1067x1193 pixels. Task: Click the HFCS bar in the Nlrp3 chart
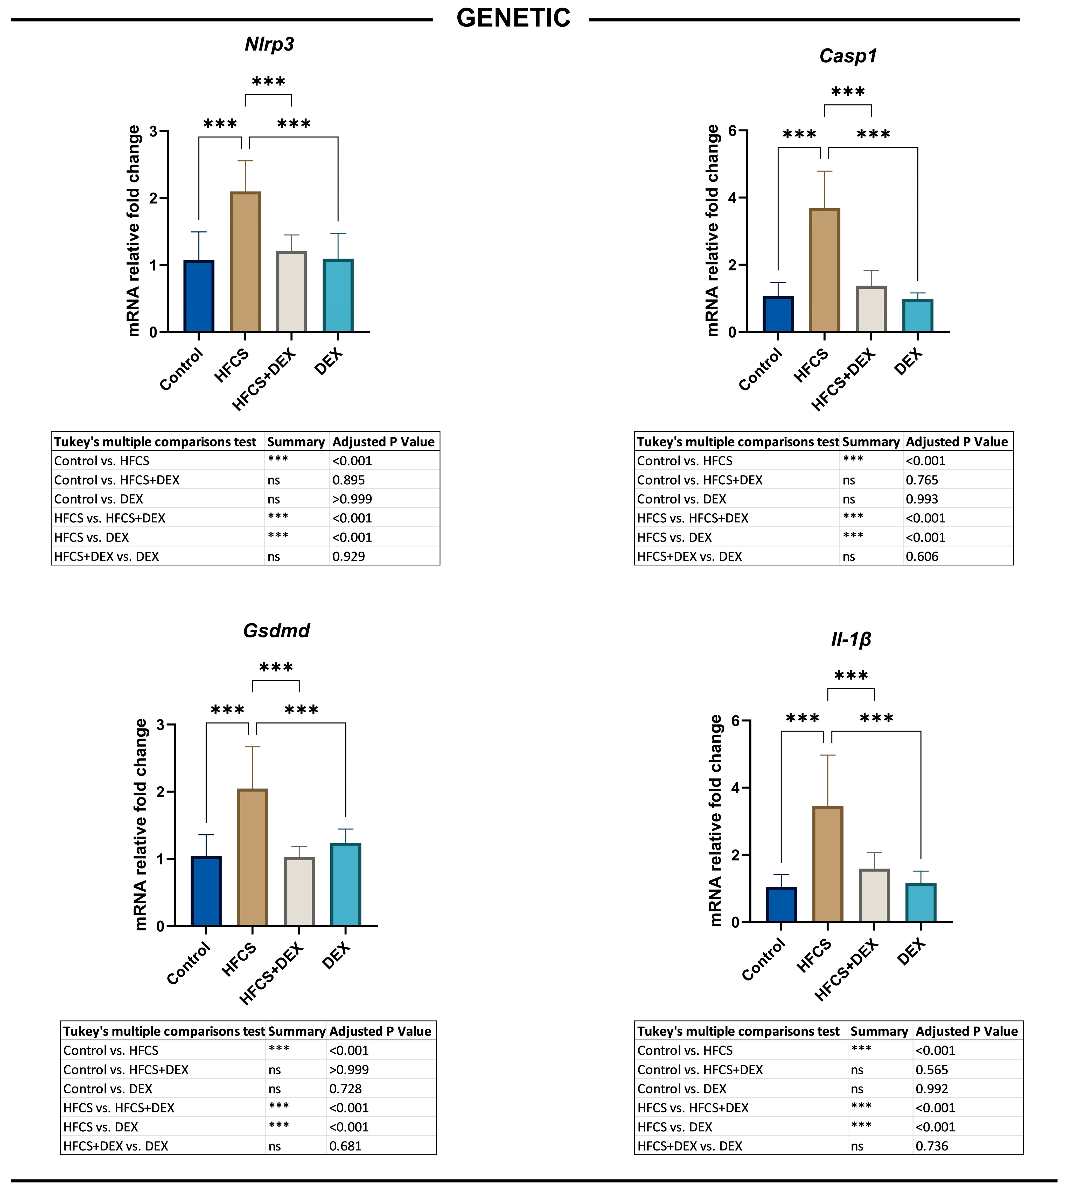coord(245,262)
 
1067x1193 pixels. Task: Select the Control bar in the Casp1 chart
coord(778,314)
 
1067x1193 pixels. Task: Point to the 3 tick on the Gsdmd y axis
coord(161,725)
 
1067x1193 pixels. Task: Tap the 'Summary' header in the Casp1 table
coord(871,442)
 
